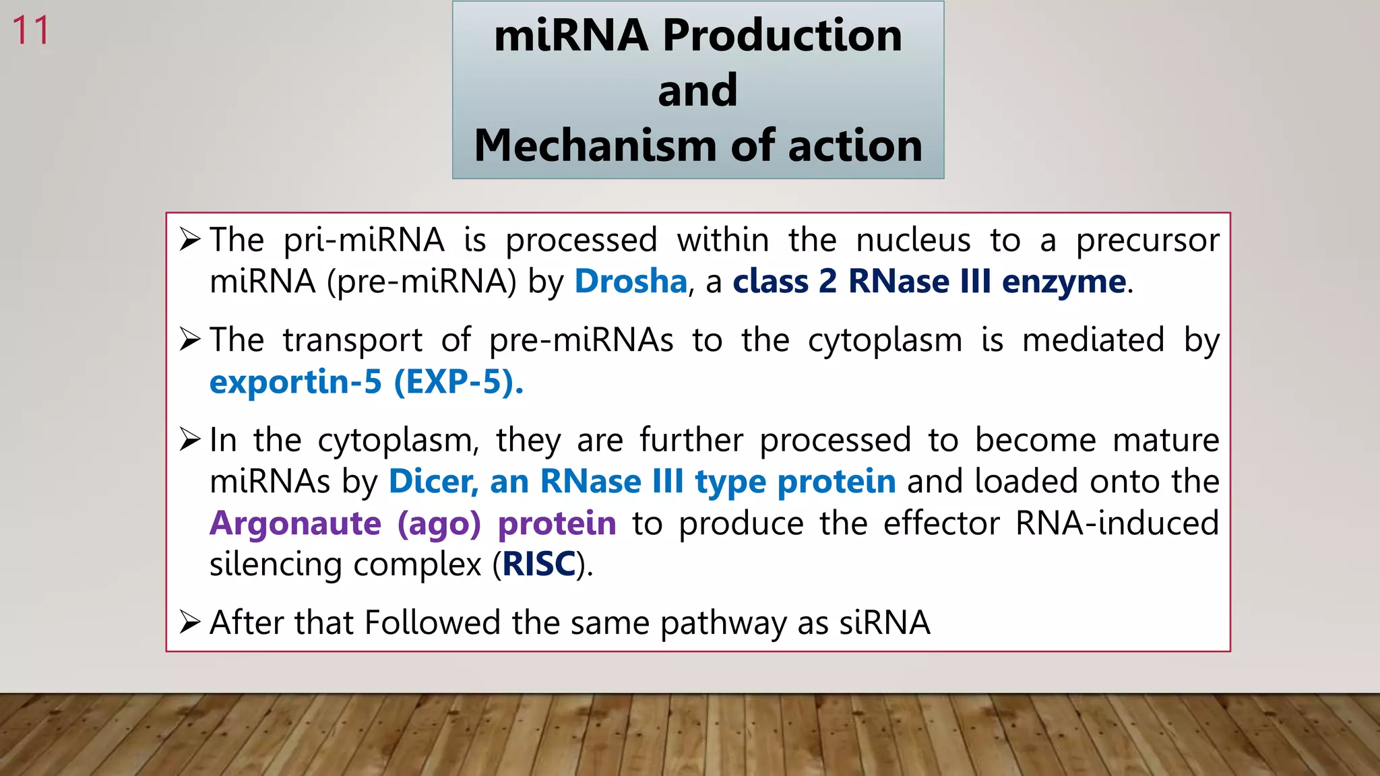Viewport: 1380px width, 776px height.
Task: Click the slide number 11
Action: coord(31,31)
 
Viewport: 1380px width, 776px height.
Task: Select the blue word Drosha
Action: coord(630,281)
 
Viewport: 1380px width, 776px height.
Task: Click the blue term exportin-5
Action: coord(295,382)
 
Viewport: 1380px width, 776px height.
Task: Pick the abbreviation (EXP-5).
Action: coord(458,382)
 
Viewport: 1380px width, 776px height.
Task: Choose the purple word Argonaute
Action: coord(295,523)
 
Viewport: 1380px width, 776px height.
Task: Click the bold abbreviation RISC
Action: coord(539,564)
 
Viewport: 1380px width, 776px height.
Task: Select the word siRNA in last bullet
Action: coord(884,622)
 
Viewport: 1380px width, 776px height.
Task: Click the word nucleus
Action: coord(913,240)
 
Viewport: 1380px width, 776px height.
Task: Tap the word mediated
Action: coord(1093,339)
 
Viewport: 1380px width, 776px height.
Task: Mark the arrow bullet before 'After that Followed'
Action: coord(190,622)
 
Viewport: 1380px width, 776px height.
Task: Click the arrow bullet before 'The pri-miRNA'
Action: coord(190,240)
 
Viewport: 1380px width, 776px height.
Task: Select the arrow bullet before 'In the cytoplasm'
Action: coord(190,440)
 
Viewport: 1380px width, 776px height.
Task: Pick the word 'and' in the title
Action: coord(697,90)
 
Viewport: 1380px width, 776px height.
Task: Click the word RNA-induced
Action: coord(1117,523)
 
